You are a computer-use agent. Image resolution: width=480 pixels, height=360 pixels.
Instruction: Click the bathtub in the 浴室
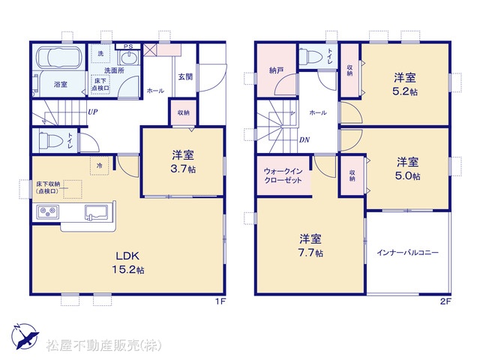(x=60, y=57)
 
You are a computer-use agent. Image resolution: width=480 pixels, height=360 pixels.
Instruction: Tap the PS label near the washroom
(x=128, y=46)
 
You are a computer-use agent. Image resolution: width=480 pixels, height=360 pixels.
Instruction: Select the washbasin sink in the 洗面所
(x=130, y=58)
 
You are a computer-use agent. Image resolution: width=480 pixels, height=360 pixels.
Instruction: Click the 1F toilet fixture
(x=50, y=140)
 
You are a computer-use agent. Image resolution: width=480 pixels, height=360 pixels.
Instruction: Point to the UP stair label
(x=93, y=112)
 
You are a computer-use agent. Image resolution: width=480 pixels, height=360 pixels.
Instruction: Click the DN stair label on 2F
(x=304, y=140)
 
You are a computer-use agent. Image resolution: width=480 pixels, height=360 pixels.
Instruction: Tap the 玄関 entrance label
(x=185, y=76)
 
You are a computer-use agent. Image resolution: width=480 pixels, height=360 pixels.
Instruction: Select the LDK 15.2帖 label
(x=128, y=262)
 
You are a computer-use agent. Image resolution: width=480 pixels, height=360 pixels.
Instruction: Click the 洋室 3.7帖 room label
(x=183, y=162)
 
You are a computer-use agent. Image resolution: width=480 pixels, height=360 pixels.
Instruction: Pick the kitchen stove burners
(x=48, y=211)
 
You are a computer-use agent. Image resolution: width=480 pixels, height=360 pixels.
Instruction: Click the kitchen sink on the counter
(x=96, y=212)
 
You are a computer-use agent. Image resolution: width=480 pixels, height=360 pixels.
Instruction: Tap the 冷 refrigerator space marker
(x=100, y=166)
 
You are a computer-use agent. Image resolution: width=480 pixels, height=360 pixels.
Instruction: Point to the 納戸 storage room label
(x=277, y=70)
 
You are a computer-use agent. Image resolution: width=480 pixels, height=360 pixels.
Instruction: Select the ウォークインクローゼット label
(x=283, y=175)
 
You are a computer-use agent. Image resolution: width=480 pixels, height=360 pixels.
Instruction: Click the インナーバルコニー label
(x=408, y=253)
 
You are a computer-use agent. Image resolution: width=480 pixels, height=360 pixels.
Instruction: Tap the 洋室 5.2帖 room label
(x=405, y=84)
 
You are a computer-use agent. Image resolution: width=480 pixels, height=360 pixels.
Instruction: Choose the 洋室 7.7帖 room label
(x=310, y=245)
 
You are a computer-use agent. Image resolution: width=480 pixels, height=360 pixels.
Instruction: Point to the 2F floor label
(x=445, y=301)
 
